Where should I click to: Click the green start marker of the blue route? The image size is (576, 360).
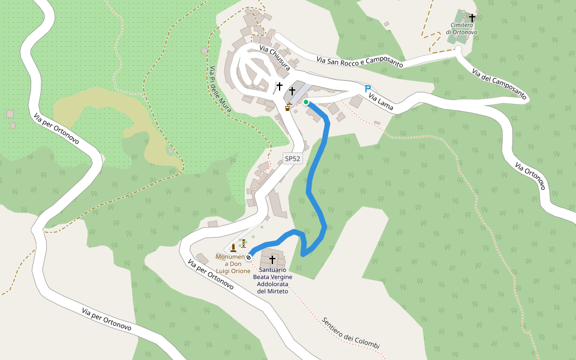(306, 103)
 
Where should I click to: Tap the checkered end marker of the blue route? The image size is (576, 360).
(248, 257)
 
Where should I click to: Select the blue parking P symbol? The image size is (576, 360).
(368, 88)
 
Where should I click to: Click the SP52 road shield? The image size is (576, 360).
(292, 158)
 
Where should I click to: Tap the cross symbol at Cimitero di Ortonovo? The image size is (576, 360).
(472, 18)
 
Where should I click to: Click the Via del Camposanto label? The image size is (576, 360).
(499, 84)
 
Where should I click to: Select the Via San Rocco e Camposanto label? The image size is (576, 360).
(359, 60)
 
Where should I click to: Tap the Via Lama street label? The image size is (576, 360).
(381, 102)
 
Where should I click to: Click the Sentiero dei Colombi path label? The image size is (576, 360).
(350, 334)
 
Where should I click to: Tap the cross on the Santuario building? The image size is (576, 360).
(272, 259)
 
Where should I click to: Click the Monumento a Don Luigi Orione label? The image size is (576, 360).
(233, 263)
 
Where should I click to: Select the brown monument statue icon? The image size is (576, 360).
(233, 248)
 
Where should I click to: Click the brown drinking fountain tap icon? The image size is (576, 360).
(289, 107)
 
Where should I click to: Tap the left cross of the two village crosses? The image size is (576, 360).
(279, 86)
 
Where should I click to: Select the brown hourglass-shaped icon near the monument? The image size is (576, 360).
(244, 243)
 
